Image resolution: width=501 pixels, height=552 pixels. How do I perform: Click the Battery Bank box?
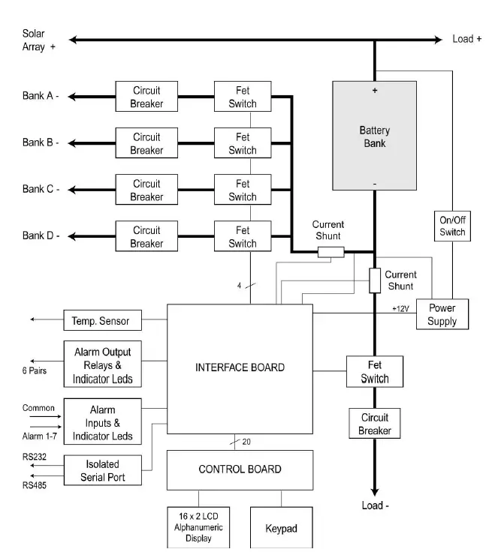(x=374, y=136)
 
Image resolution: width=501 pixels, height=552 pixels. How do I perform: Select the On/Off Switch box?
(x=452, y=226)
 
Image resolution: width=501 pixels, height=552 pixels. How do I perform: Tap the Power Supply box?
(x=442, y=314)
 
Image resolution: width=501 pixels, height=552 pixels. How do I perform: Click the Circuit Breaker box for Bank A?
(x=146, y=97)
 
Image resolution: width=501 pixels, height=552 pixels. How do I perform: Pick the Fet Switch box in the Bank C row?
(x=243, y=190)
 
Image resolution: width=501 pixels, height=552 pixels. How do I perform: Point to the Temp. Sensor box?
(x=103, y=320)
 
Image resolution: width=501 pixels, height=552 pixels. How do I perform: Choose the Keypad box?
(x=282, y=528)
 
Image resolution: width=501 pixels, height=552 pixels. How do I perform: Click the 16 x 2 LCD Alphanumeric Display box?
(x=198, y=527)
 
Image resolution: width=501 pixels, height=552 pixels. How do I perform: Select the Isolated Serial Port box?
(x=103, y=470)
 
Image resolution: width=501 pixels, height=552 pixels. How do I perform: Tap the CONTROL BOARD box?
(x=240, y=470)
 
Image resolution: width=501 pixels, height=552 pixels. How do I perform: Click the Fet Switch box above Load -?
(x=374, y=371)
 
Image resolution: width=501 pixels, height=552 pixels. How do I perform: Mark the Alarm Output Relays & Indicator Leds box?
(x=103, y=364)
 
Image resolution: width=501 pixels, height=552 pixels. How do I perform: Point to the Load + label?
(x=466, y=39)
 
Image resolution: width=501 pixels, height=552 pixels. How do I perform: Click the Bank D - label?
(x=41, y=235)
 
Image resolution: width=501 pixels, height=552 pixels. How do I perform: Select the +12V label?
(x=400, y=309)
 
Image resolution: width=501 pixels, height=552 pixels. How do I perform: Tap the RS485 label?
(x=35, y=485)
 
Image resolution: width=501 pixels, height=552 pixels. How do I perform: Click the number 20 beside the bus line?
(x=246, y=442)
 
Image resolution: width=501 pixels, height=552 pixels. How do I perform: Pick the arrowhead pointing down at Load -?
(x=374, y=492)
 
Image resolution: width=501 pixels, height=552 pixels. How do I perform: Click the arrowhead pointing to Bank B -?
(x=72, y=143)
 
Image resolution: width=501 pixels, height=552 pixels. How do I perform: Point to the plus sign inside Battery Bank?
(x=375, y=91)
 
